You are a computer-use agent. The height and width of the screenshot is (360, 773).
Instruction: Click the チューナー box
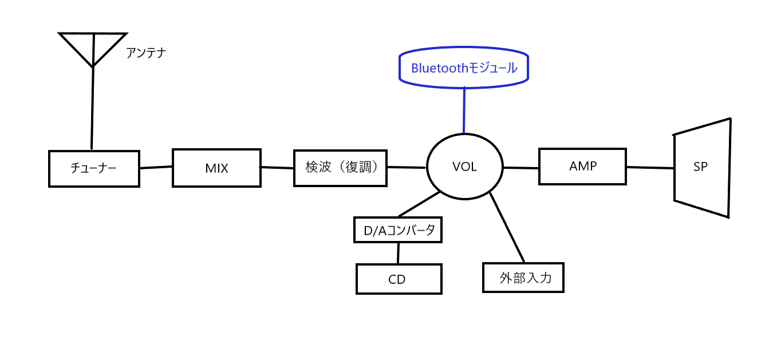[x=94, y=169]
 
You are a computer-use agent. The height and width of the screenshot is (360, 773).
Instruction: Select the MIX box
[x=216, y=168]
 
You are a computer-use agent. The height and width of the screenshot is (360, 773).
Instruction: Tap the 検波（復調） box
[x=340, y=168]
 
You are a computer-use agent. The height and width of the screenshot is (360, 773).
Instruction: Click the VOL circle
[x=464, y=167]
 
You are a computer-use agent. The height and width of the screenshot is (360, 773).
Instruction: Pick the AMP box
[x=582, y=166]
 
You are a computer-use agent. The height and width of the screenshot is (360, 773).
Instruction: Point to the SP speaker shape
[x=702, y=168]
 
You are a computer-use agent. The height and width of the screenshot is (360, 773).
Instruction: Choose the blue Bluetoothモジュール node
[x=464, y=68]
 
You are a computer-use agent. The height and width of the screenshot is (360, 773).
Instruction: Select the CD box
[x=399, y=279]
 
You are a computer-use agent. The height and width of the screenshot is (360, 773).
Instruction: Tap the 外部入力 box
[x=523, y=278]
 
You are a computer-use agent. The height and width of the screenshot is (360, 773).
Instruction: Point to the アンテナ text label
[x=145, y=54]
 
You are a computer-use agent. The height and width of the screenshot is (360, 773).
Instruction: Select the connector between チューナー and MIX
[x=156, y=167]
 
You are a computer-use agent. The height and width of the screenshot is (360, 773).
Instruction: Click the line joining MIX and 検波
[x=277, y=167]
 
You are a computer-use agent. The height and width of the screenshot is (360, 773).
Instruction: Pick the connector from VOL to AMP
[x=520, y=168]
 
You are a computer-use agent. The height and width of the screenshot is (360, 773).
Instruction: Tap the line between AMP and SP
[x=650, y=168]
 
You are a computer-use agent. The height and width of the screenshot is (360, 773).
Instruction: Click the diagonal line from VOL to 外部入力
[x=507, y=227]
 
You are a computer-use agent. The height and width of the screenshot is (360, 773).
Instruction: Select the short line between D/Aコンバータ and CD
[x=398, y=253]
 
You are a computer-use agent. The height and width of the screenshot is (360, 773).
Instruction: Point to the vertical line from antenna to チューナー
[x=92, y=109]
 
